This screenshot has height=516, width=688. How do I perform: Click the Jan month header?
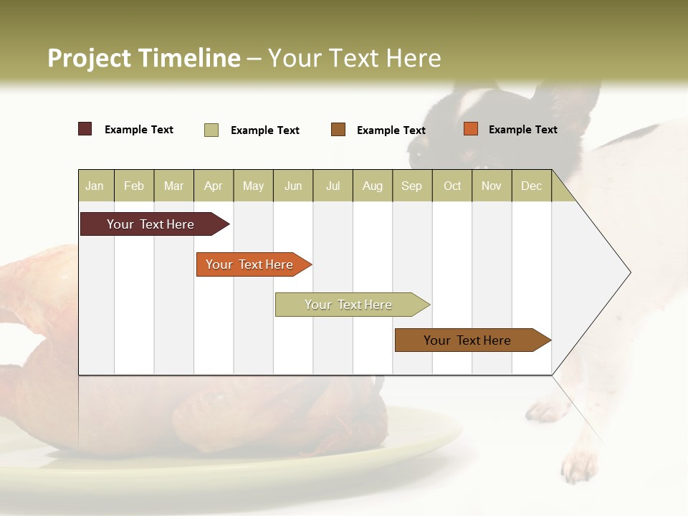click(95, 186)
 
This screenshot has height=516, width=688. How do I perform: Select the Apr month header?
click(213, 186)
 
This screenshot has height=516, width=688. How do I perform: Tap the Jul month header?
click(333, 186)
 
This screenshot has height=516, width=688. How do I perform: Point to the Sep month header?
click(411, 186)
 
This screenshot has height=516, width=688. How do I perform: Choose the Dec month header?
click(531, 186)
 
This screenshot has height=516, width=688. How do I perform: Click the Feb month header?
click(134, 186)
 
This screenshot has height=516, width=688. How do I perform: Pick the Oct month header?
click(452, 186)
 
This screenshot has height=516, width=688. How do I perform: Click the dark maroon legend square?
click(85, 129)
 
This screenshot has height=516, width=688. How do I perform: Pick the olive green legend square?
click(211, 130)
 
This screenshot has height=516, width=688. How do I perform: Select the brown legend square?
click(338, 129)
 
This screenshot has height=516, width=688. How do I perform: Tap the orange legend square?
click(471, 129)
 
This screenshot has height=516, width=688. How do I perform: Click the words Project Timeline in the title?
click(144, 58)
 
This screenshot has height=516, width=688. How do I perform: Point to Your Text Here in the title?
click(355, 58)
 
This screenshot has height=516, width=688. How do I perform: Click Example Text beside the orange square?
click(522, 130)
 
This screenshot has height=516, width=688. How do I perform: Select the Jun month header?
click(293, 186)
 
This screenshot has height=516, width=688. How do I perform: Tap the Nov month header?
click(492, 186)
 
